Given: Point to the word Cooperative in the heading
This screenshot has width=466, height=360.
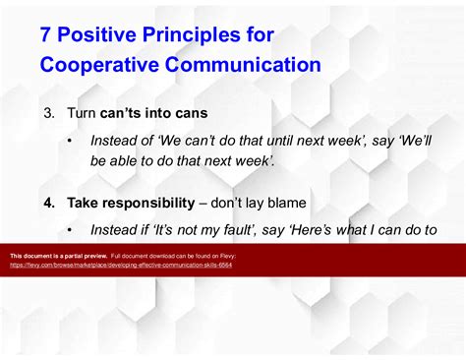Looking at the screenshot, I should click(x=103, y=66).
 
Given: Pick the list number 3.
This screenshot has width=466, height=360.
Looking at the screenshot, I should click(x=48, y=113).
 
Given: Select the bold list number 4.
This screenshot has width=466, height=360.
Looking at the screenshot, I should click(x=48, y=203).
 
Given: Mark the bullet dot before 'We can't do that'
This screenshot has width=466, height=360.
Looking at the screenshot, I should click(x=70, y=141).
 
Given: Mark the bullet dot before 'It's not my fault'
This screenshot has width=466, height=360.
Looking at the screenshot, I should click(x=70, y=230).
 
